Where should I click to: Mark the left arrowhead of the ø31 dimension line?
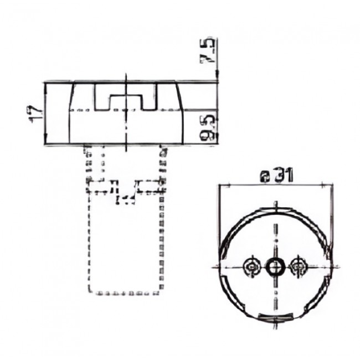(x=223, y=186)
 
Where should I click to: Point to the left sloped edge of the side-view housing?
(x=71, y=96)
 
